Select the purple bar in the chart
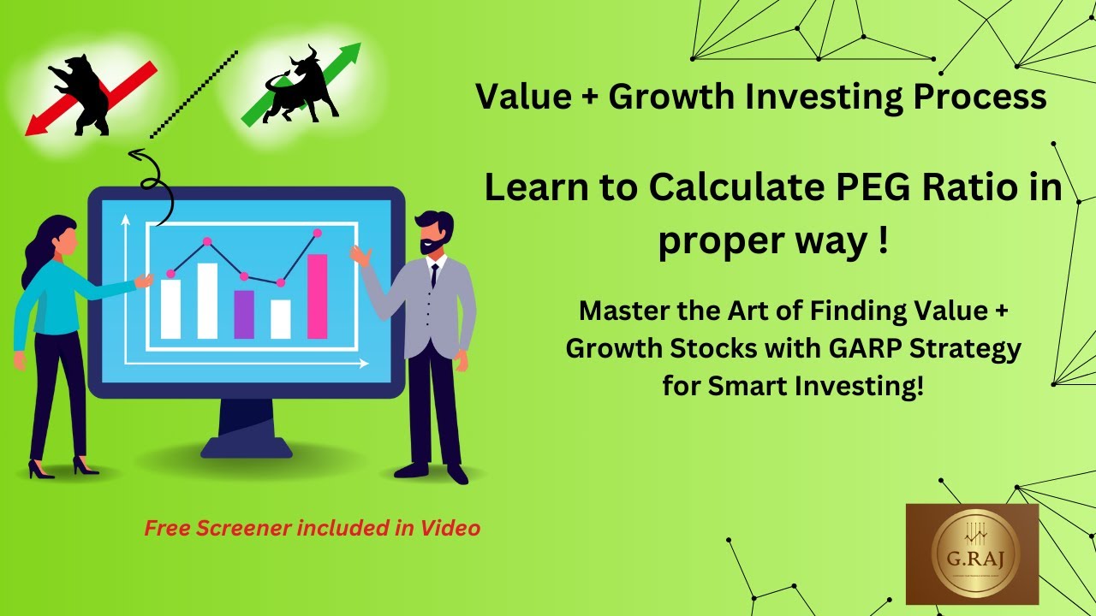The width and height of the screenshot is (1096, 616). coord(244,314)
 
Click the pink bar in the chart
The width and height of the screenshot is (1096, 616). coord(317,296)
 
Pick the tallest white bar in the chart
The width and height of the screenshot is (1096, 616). coord(207,300)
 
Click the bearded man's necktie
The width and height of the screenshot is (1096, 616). coord(434,275)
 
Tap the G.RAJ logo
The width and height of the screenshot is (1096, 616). coord(972,554)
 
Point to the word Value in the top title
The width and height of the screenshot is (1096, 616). coord(522,97)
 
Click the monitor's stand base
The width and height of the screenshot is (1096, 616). coord(246,447)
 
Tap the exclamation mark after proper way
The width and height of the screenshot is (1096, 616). coord(883,242)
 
